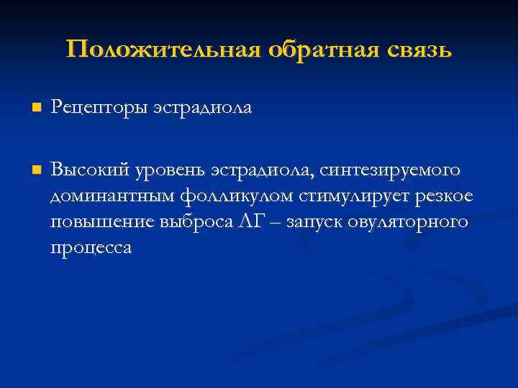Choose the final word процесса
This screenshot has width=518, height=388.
pos(91,249)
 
